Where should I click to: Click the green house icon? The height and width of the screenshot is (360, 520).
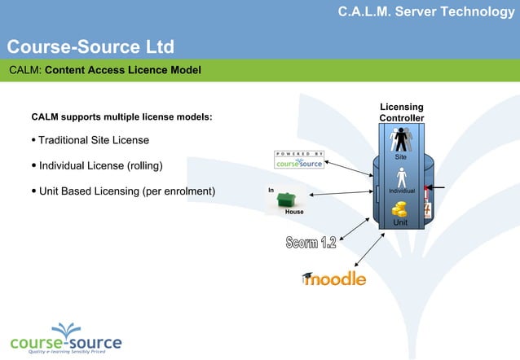point(285,199)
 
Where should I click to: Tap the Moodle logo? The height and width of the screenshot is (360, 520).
point(333,279)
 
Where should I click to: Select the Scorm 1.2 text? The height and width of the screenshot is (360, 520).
point(311,242)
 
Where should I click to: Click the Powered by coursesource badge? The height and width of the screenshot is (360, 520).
point(299,160)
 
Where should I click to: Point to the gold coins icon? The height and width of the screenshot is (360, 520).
point(400,210)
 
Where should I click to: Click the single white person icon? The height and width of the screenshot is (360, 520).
point(401,177)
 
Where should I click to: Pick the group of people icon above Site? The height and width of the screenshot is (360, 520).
point(401,138)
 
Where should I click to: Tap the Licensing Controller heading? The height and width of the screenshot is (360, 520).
point(401,113)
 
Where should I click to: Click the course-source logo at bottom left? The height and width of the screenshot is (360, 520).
point(65,342)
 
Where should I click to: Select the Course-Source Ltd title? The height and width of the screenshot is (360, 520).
point(90,46)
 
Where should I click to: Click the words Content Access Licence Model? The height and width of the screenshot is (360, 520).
point(122,70)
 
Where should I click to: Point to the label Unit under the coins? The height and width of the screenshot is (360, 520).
point(400,222)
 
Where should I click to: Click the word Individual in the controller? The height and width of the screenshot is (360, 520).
point(402,191)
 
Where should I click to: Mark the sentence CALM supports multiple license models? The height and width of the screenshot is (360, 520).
point(121,117)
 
